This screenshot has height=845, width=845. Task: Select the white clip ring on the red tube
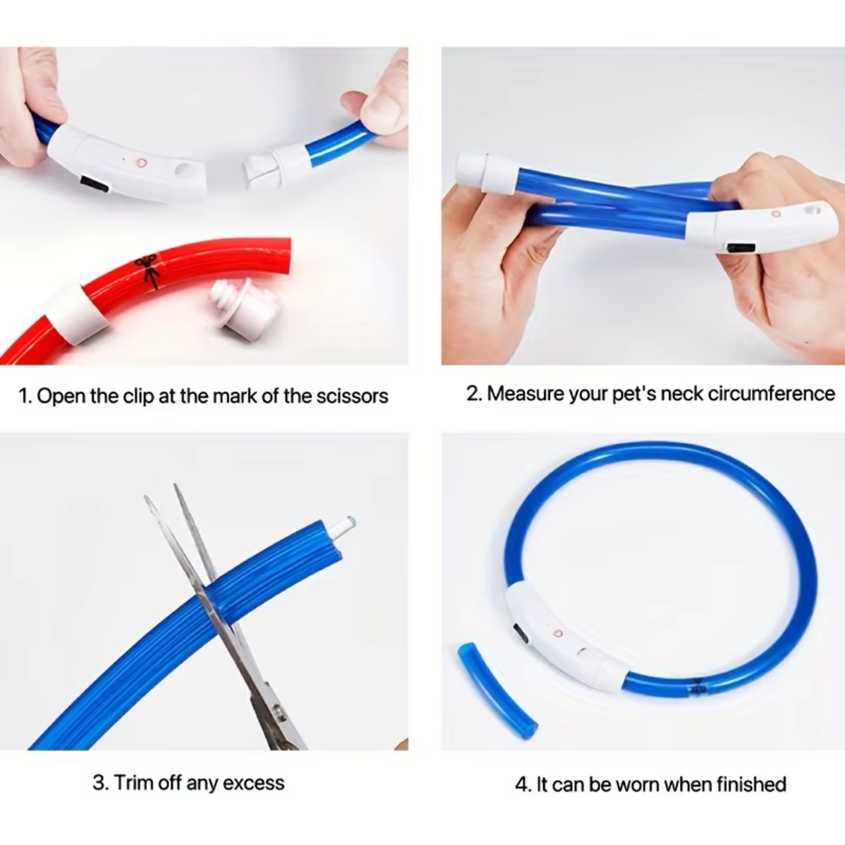pos(76,312)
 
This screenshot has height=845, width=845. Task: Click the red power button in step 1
pos(142,163)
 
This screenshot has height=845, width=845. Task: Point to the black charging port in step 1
pos(95,185)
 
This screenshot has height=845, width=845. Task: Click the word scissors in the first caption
pos(351,396)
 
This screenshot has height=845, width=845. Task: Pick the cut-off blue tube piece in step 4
pos(497,690)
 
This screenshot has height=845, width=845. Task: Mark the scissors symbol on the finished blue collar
pos(696,687)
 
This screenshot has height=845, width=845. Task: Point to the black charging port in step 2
pos(740,248)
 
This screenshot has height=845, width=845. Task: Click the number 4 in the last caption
pos(520,784)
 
